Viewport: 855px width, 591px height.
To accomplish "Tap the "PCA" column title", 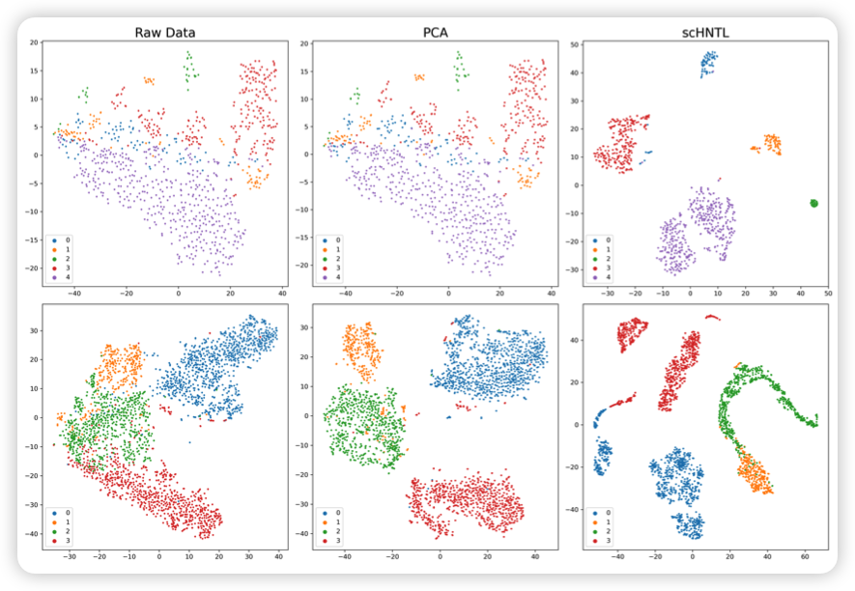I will point(436,32).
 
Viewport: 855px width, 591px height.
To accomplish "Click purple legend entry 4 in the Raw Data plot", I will point(56,277).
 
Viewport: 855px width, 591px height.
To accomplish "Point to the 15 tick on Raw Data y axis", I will point(32,70).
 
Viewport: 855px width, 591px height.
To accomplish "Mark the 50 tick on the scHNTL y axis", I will point(574,44).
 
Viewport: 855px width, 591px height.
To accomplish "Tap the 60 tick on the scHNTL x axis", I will point(805,557).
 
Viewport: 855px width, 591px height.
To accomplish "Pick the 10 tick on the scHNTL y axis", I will point(574,155).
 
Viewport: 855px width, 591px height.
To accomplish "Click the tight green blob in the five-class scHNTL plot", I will point(813,203).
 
